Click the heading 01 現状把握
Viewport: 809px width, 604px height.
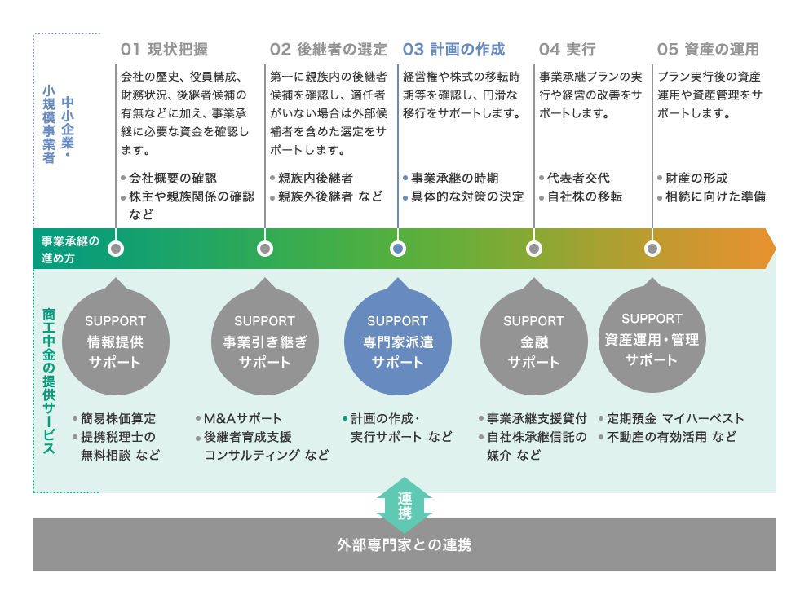164,50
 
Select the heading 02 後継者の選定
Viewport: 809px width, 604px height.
328,50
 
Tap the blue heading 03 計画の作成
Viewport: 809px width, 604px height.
453,50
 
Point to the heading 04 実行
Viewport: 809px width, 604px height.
567,50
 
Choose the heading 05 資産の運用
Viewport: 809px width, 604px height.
708,50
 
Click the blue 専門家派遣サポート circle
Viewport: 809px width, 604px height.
398,341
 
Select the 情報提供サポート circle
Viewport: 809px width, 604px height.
116,341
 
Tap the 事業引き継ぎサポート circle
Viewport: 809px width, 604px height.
265,341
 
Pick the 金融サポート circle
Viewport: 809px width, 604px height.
534,341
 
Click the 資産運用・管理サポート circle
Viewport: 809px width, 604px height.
652,338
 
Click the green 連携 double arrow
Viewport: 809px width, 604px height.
404,505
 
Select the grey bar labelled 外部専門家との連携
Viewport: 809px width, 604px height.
404,544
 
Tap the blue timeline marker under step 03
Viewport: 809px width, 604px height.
398,249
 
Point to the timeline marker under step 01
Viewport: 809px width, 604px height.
116,249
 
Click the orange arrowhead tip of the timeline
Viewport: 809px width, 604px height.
776,249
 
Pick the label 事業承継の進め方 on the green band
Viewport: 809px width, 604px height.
70,249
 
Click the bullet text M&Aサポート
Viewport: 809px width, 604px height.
242,418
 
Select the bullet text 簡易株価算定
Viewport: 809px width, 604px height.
118,418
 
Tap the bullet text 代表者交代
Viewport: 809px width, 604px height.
578,178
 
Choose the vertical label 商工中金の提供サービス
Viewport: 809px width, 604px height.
49,381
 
